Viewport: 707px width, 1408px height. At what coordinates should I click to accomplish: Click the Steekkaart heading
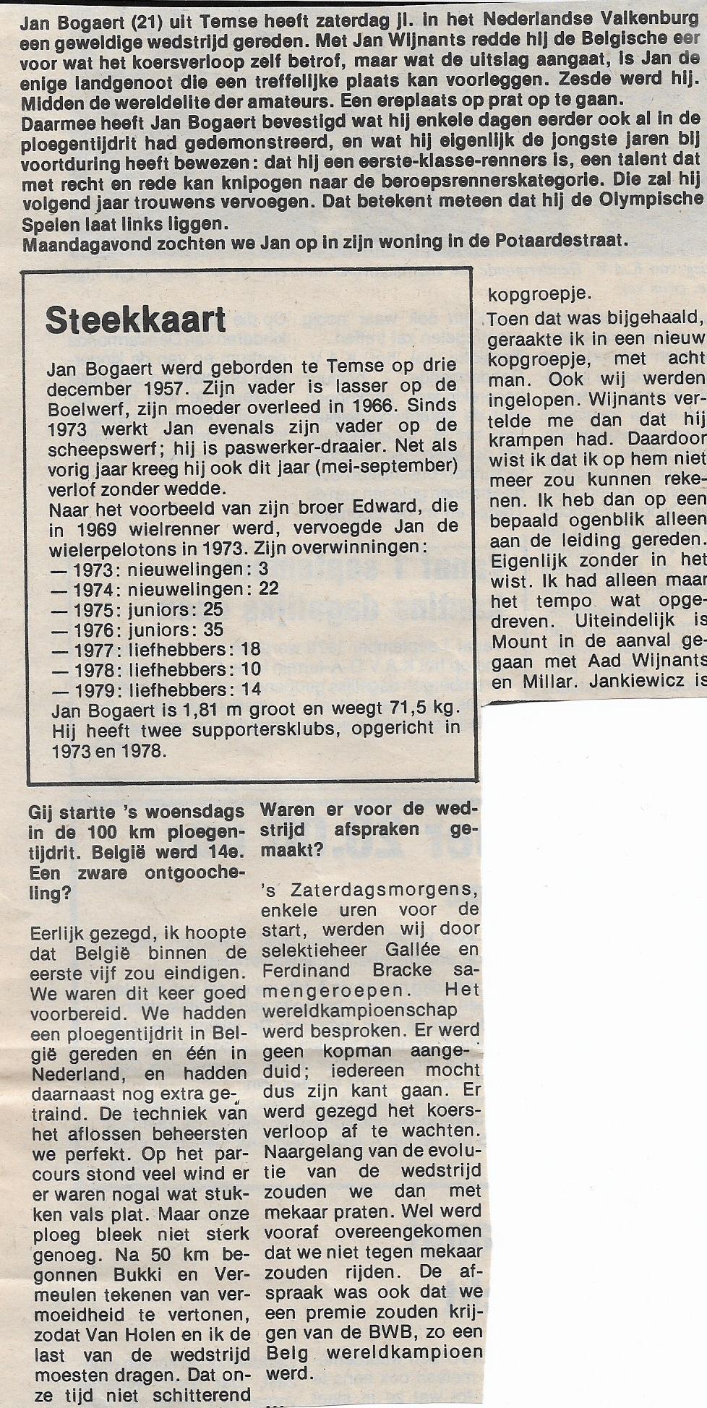click(x=136, y=320)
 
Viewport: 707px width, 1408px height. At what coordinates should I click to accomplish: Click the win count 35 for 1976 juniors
click(x=212, y=630)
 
